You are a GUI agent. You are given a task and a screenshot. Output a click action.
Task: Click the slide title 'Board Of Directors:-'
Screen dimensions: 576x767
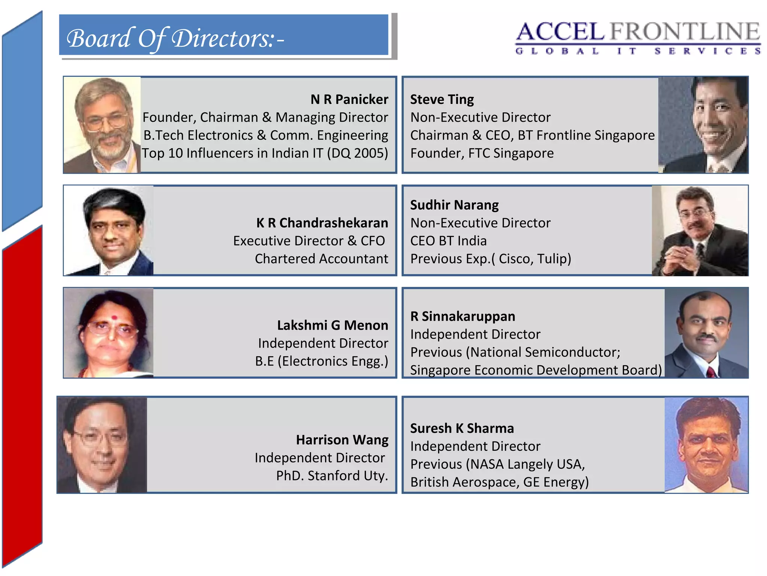click(175, 38)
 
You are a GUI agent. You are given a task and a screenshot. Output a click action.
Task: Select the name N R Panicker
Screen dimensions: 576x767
click(349, 99)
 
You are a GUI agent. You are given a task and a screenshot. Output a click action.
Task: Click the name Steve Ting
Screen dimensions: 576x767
click(442, 99)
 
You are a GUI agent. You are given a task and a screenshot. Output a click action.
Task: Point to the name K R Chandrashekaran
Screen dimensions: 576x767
click(322, 223)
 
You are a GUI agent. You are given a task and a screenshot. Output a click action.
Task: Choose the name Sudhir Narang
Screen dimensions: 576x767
click(454, 205)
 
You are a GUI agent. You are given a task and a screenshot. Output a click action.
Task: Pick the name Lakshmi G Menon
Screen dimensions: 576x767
click(333, 325)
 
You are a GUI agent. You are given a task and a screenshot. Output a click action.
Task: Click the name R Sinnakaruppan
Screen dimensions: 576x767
click(463, 316)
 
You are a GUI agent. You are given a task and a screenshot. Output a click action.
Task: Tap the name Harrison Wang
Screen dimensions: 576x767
click(342, 439)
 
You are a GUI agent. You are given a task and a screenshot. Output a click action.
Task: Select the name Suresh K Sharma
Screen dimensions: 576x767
click(462, 428)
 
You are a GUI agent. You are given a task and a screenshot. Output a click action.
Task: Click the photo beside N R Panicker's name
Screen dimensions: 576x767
click(102, 125)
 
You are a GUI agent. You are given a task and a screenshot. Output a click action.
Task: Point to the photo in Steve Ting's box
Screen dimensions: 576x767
click(703, 125)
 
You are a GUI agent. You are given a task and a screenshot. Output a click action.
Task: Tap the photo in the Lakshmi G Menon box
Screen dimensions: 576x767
click(109, 333)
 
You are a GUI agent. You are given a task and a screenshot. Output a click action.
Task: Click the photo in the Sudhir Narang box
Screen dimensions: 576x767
click(700, 231)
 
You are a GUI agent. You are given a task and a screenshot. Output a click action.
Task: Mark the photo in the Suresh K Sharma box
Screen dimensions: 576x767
click(706, 445)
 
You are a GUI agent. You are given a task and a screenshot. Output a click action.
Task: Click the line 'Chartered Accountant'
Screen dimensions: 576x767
click(321, 259)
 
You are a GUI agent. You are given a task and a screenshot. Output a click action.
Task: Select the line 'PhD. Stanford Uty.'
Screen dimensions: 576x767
click(332, 475)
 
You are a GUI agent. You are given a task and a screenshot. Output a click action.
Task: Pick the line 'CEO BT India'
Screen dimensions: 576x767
click(448, 241)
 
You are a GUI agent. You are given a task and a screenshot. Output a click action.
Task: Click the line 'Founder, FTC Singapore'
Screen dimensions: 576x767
click(482, 153)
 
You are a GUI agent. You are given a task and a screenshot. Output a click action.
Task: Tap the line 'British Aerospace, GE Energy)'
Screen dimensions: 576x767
click(499, 482)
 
